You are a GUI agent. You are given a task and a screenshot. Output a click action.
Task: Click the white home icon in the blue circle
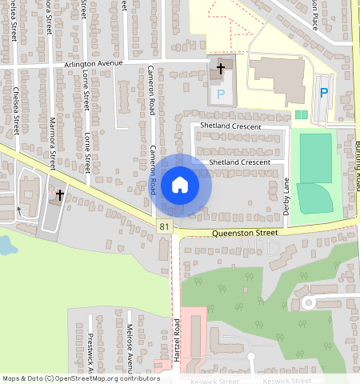tap(180, 185)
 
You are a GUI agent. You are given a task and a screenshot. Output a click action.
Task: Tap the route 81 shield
tap(164, 228)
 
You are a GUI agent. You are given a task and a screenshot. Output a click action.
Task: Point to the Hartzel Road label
tap(176, 340)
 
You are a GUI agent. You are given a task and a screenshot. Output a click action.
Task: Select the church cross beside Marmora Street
tap(59, 194)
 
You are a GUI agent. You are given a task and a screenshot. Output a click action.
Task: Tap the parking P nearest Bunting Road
tap(324, 93)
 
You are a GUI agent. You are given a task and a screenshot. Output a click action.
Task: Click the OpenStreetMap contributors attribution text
tap(80, 378)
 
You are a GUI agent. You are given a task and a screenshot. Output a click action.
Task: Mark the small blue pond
tap(6, 246)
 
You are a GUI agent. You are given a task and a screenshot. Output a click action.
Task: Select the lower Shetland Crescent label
tap(240, 162)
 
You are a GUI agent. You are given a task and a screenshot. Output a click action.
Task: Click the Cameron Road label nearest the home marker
tap(152, 170)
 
